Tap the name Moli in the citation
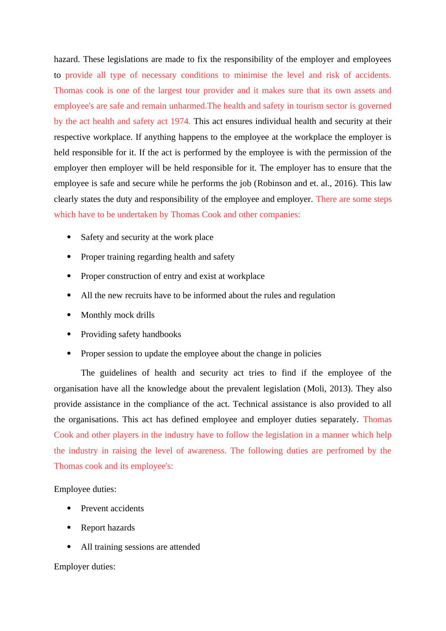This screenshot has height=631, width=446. pyautogui.click(x=315, y=389)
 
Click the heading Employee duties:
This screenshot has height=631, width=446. pyautogui.click(x=85, y=489)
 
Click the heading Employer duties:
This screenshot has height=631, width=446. pyautogui.click(x=85, y=567)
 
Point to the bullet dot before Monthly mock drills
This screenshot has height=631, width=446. pyautogui.click(x=69, y=315)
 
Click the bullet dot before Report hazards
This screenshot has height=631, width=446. pyautogui.click(x=69, y=528)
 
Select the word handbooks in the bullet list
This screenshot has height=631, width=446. pyautogui.click(x=161, y=334)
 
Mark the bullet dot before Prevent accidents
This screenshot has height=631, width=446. pyautogui.click(x=69, y=508)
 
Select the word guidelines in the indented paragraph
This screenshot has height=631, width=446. pyautogui.click(x=119, y=373)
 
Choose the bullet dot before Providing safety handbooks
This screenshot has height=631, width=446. pyautogui.click(x=69, y=334)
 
